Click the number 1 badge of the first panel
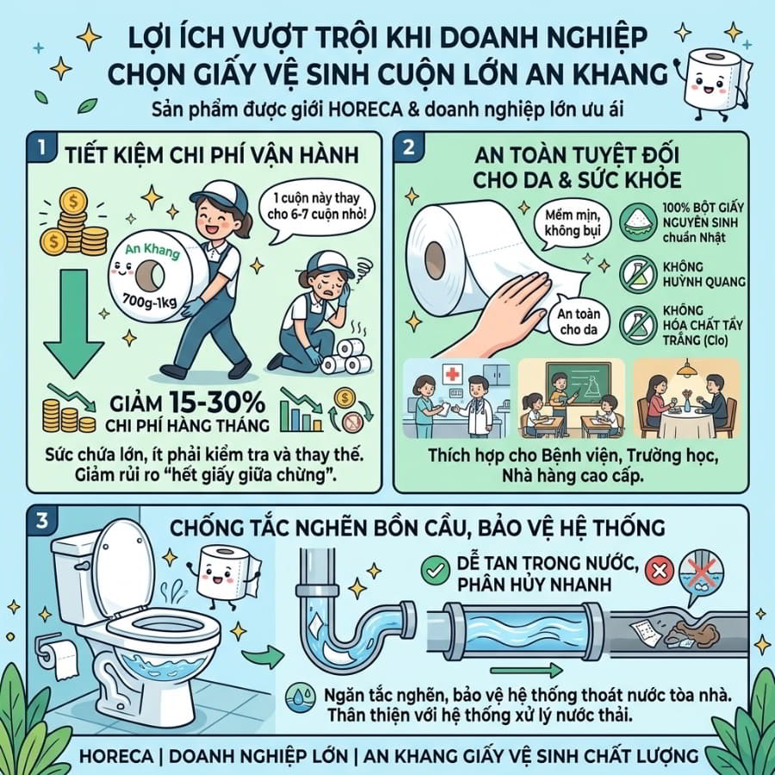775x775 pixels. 41,147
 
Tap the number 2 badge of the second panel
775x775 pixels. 409,147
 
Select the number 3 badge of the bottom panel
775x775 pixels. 42,520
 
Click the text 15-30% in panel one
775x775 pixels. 218,402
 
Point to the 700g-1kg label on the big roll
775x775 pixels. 149,300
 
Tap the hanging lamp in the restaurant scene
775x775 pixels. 687,369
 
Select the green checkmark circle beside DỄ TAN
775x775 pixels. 435,571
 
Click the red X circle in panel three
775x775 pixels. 660,571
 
